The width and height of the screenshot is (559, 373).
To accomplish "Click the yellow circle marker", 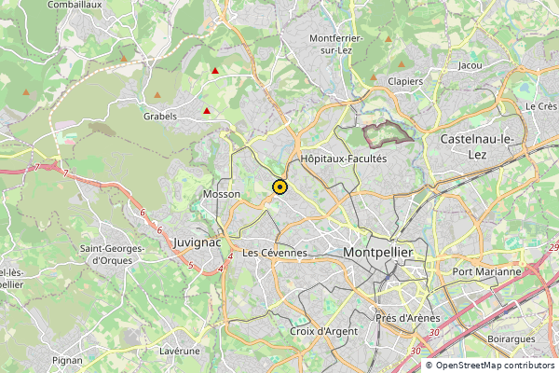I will [x=279, y=186].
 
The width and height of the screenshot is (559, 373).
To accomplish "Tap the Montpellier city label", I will [x=385, y=254].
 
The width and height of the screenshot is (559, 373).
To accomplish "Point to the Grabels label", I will [x=160, y=117].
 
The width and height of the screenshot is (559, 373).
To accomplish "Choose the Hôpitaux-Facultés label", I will [x=344, y=159].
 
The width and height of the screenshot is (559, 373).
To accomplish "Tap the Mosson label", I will [x=221, y=194].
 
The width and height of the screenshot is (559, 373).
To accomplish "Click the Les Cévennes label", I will [x=274, y=253].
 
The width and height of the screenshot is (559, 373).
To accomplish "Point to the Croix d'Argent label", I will [x=323, y=331].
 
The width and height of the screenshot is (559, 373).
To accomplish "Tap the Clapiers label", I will [x=406, y=81].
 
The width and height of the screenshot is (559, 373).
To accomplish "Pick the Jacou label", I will [x=471, y=66].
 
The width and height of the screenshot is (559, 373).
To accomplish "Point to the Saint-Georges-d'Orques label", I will [x=112, y=255].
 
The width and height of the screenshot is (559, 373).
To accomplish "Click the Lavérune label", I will [x=180, y=351].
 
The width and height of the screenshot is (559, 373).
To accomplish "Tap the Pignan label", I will [x=67, y=360].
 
